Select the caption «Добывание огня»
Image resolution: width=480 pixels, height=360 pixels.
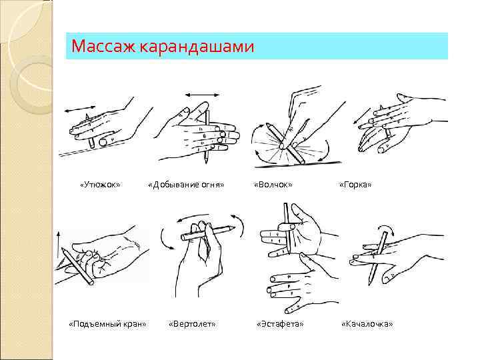click(186, 184)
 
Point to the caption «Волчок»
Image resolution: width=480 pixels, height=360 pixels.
click(273, 184)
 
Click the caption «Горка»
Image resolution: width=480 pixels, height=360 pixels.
click(355, 184)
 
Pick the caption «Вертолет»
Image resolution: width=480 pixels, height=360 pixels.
click(192, 324)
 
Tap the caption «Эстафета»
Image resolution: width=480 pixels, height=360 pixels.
click(280, 324)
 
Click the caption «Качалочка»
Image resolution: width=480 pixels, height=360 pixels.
click(367, 324)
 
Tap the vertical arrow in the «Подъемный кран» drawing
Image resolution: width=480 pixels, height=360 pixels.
click(59, 247)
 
